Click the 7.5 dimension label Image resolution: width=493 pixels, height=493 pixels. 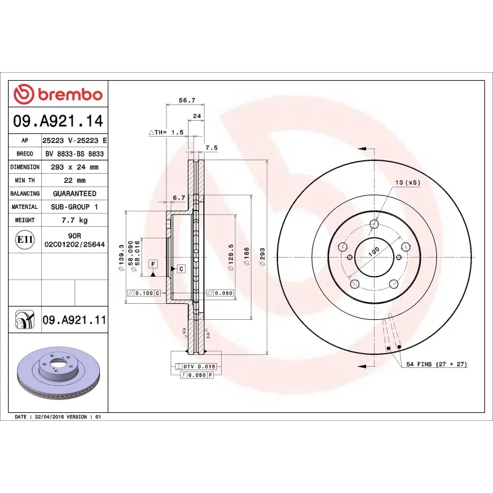(211, 148)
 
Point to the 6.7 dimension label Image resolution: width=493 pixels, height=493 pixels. (179, 197)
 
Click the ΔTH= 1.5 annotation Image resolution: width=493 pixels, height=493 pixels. (166, 132)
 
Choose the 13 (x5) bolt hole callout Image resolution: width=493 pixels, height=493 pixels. (407, 183)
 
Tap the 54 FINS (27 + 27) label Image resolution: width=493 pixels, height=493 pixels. (436, 364)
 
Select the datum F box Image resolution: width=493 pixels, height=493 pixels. (153, 264)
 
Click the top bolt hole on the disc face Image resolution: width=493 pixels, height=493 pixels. (374, 225)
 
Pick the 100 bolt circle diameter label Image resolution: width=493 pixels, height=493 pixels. (373, 253)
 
